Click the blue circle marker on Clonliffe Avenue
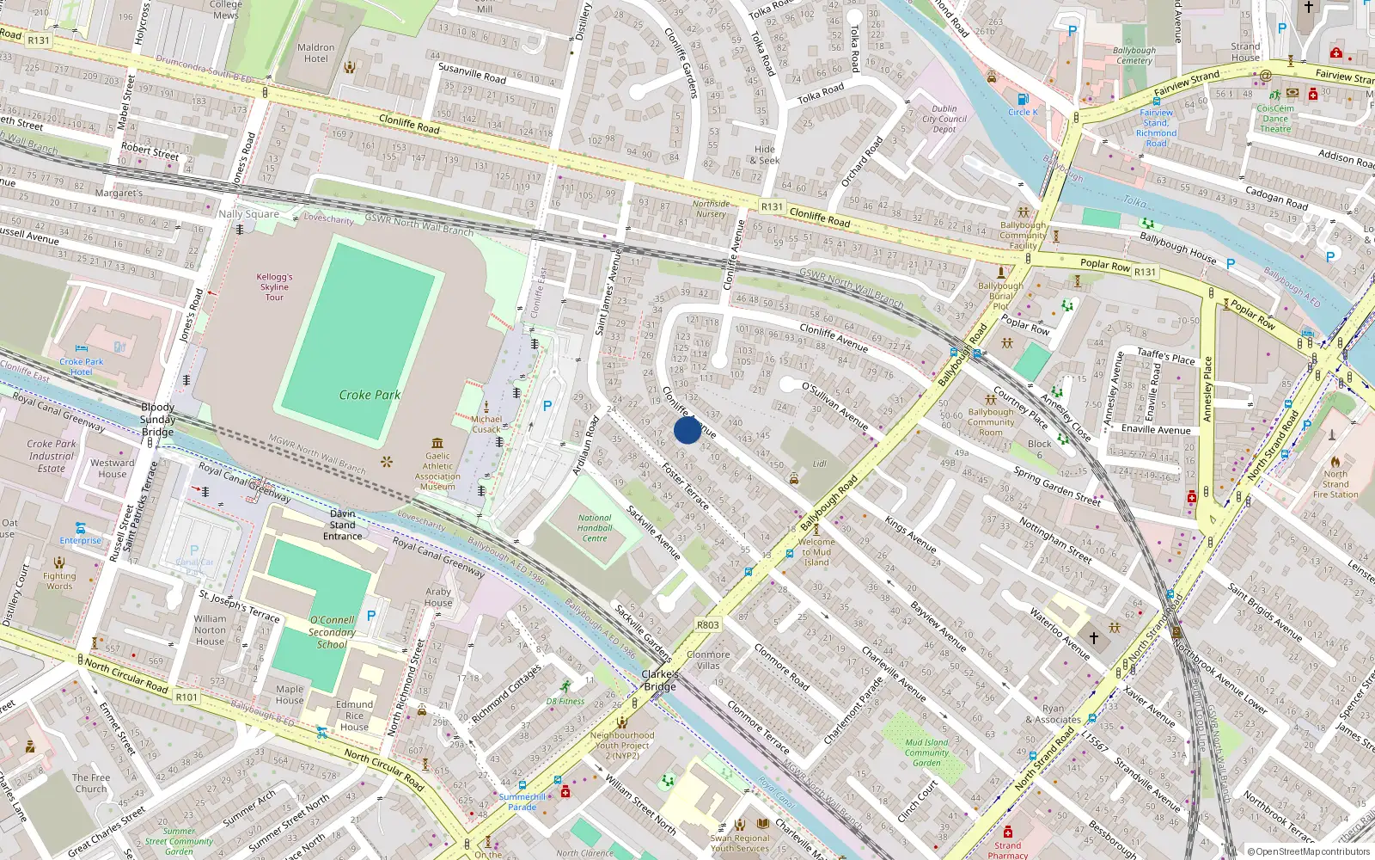click(x=687, y=430)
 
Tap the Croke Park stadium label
click(x=370, y=395)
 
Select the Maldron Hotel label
click(x=315, y=53)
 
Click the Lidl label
click(x=820, y=464)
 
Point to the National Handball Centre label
click(x=595, y=528)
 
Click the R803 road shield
click(x=707, y=625)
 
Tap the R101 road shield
click(x=186, y=697)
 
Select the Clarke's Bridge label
click(x=660, y=680)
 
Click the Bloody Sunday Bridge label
click(x=158, y=420)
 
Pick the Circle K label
click(x=1023, y=112)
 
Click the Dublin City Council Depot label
click(x=944, y=120)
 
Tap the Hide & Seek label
click(x=765, y=155)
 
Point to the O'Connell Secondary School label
click(x=332, y=631)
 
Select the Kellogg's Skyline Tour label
click(x=274, y=287)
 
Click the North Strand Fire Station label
click(x=1335, y=484)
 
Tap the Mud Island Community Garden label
click(x=926, y=752)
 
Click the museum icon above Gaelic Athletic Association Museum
click(x=437, y=443)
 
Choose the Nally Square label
click(x=248, y=214)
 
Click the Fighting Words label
click(x=59, y=581)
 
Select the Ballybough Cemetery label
click(x=1134, y=55)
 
